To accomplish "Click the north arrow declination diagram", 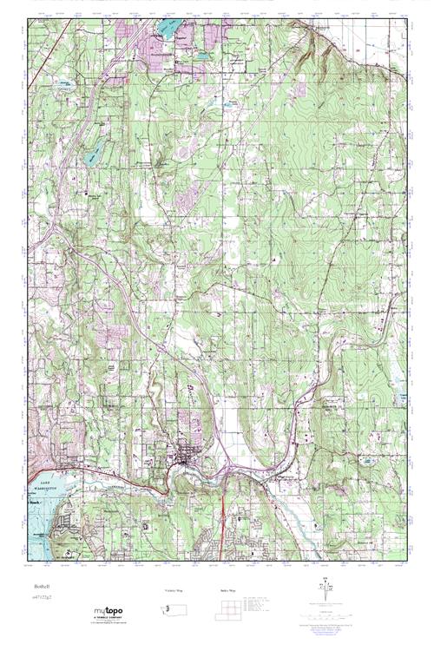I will [x=325, y=594].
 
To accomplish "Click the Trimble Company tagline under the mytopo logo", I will [x=109, y=621].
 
